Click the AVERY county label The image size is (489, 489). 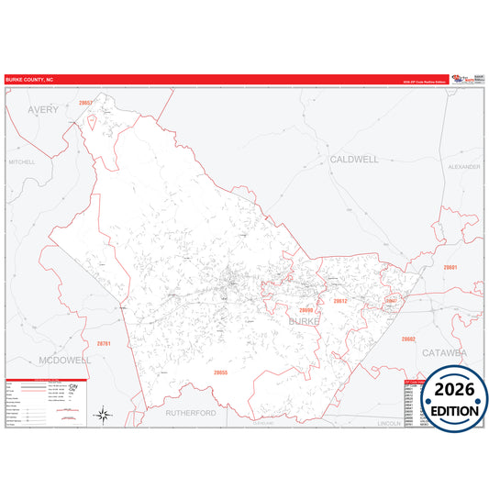tap(42, 109)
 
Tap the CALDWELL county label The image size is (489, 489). tap(353, 159)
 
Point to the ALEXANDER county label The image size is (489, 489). tap(464, 167)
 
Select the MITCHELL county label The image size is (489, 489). tap(22, 161)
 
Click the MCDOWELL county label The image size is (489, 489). tap(64, 361)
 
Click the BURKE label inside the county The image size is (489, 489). tap(304, 321)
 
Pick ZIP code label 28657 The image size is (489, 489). tap(85, 104)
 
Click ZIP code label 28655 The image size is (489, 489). tap(220, 372)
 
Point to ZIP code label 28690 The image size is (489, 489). tap(306, 310)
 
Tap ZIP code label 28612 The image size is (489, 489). tap(340, 301)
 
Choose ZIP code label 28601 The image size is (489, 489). tap(450, 267)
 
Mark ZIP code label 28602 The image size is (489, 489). tap(408, 339)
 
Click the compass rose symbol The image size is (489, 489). tap(104, 416)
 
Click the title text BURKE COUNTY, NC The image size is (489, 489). tap(29, 80)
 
